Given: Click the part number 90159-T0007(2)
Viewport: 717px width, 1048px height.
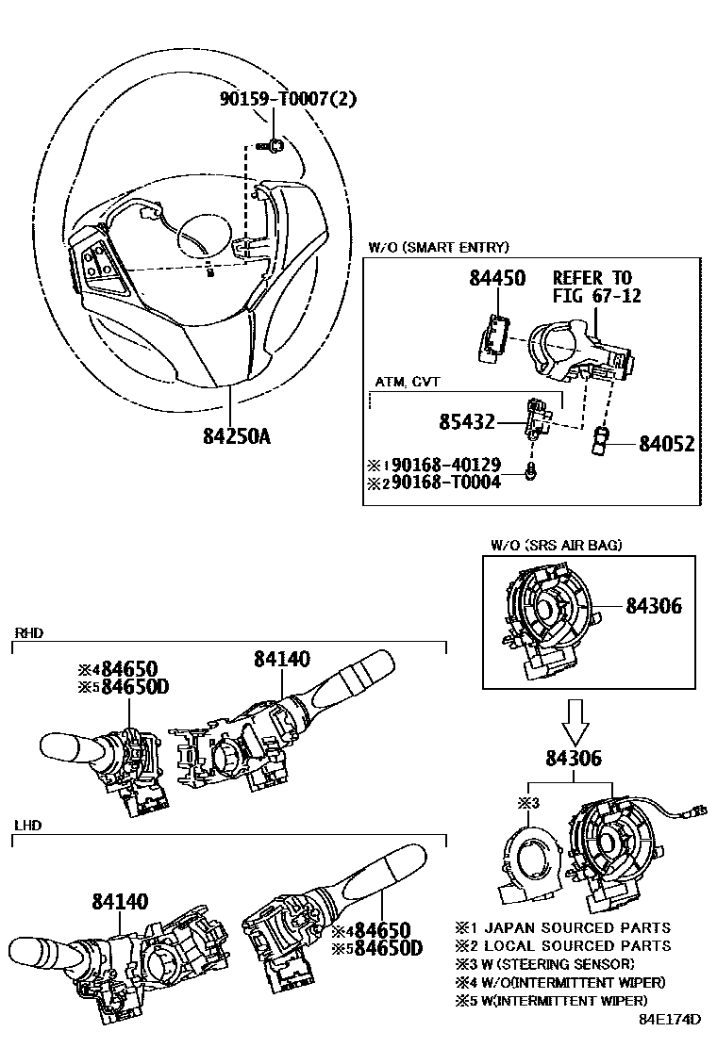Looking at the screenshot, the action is pos(289,99).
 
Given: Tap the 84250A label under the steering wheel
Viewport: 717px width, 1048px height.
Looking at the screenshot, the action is pos(237,436).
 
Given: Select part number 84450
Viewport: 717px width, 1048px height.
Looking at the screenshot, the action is pos(497,278).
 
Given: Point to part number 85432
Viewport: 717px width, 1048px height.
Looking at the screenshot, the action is pos(467,421).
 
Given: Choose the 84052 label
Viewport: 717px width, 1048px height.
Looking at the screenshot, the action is pos(667,444).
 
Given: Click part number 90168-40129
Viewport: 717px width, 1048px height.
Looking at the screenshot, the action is pos(446,466).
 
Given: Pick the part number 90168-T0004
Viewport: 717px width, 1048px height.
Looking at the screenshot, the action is pos(446,482).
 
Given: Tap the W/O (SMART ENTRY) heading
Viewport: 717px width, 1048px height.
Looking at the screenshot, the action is pos(438,247).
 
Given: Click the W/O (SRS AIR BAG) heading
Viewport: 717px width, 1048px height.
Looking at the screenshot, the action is pos(557,545).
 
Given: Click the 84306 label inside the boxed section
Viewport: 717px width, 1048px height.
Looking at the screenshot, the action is pos(654,606).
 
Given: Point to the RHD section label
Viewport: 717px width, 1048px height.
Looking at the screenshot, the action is pos(28,633).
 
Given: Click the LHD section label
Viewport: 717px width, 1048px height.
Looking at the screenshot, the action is pos(28,826).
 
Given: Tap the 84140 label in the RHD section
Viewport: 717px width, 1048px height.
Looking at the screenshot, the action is pos(281,659).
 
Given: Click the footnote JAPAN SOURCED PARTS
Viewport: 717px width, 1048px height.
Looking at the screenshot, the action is pos(577,927).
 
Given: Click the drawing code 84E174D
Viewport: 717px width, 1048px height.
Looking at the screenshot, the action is pos(670,1020).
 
